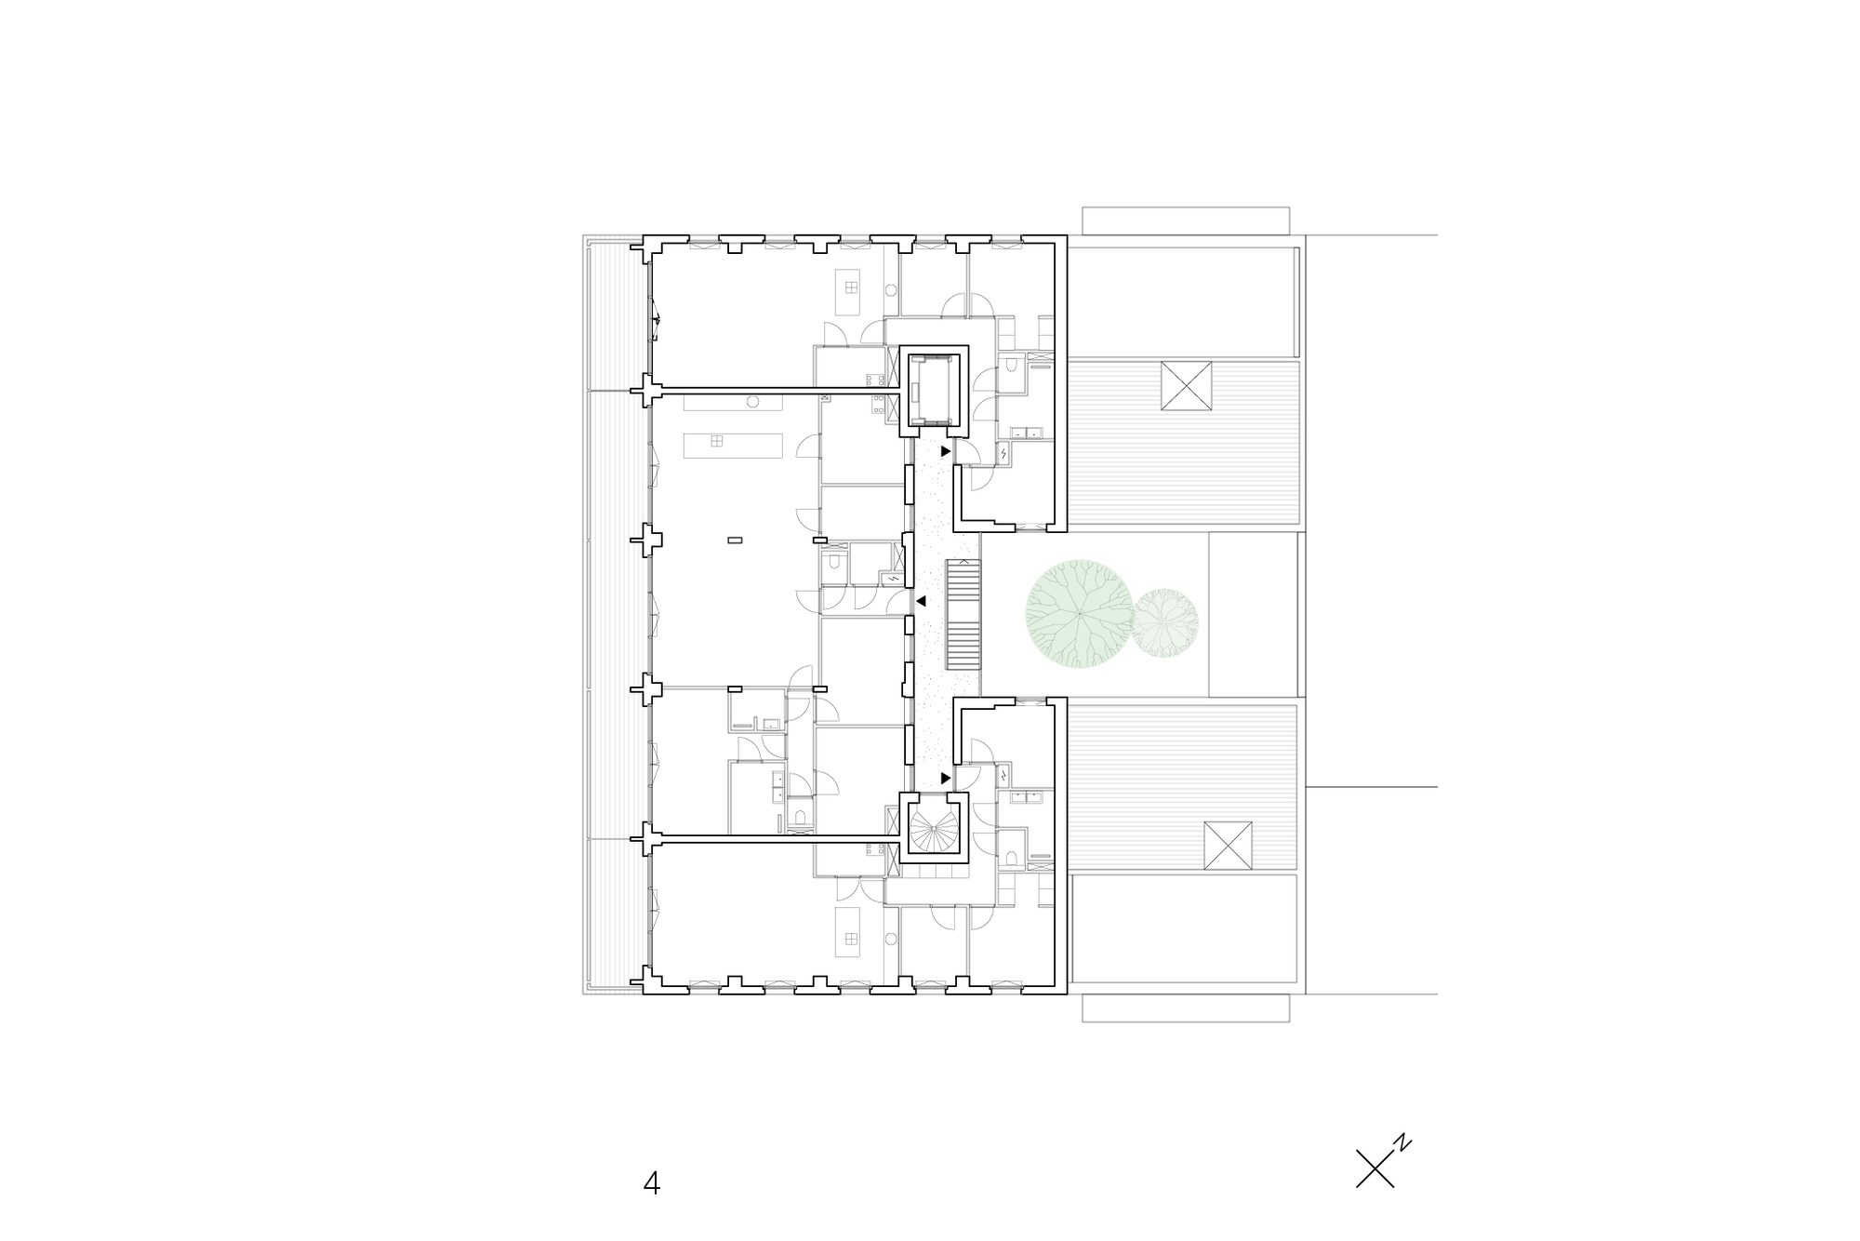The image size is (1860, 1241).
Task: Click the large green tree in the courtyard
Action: coord(1077,614)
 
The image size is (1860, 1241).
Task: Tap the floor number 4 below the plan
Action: coord(651,1183)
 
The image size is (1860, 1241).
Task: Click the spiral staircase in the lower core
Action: coord(932,832)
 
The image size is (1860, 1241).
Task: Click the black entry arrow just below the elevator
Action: coord(946,451)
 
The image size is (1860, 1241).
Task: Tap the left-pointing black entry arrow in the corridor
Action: coord(921,602)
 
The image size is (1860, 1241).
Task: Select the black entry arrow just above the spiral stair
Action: coord(946,777)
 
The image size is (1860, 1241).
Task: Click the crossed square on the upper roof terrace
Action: coord(1187,386)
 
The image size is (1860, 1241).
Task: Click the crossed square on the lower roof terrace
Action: coord(1229,846)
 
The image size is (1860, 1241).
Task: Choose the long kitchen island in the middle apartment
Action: coord(732,445)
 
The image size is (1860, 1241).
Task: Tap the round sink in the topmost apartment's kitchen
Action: coord(890,290)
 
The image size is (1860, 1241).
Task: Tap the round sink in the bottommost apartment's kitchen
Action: coord(890,939)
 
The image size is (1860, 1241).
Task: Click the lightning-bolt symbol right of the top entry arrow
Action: coord(1004,453)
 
